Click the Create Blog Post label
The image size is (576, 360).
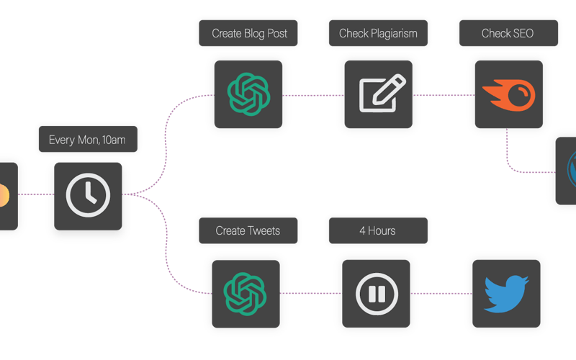coord(248,33)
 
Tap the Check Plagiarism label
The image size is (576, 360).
coord(379,33)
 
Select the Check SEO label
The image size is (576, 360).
coord(509,33)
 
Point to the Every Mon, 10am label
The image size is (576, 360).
coord(88,139)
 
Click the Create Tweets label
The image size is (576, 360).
coord(248,230)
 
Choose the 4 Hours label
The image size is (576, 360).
coord(379,230)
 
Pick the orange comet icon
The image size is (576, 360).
coord(509,95)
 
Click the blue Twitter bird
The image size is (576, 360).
coord(507,294)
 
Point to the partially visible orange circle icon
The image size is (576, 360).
coord(4,195)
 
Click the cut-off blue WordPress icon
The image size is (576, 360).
coord(572,170)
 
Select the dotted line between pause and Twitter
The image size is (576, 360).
coord(441,294)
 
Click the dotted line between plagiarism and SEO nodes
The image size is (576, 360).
coord(444,95)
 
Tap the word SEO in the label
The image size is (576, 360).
coord(523,33)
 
